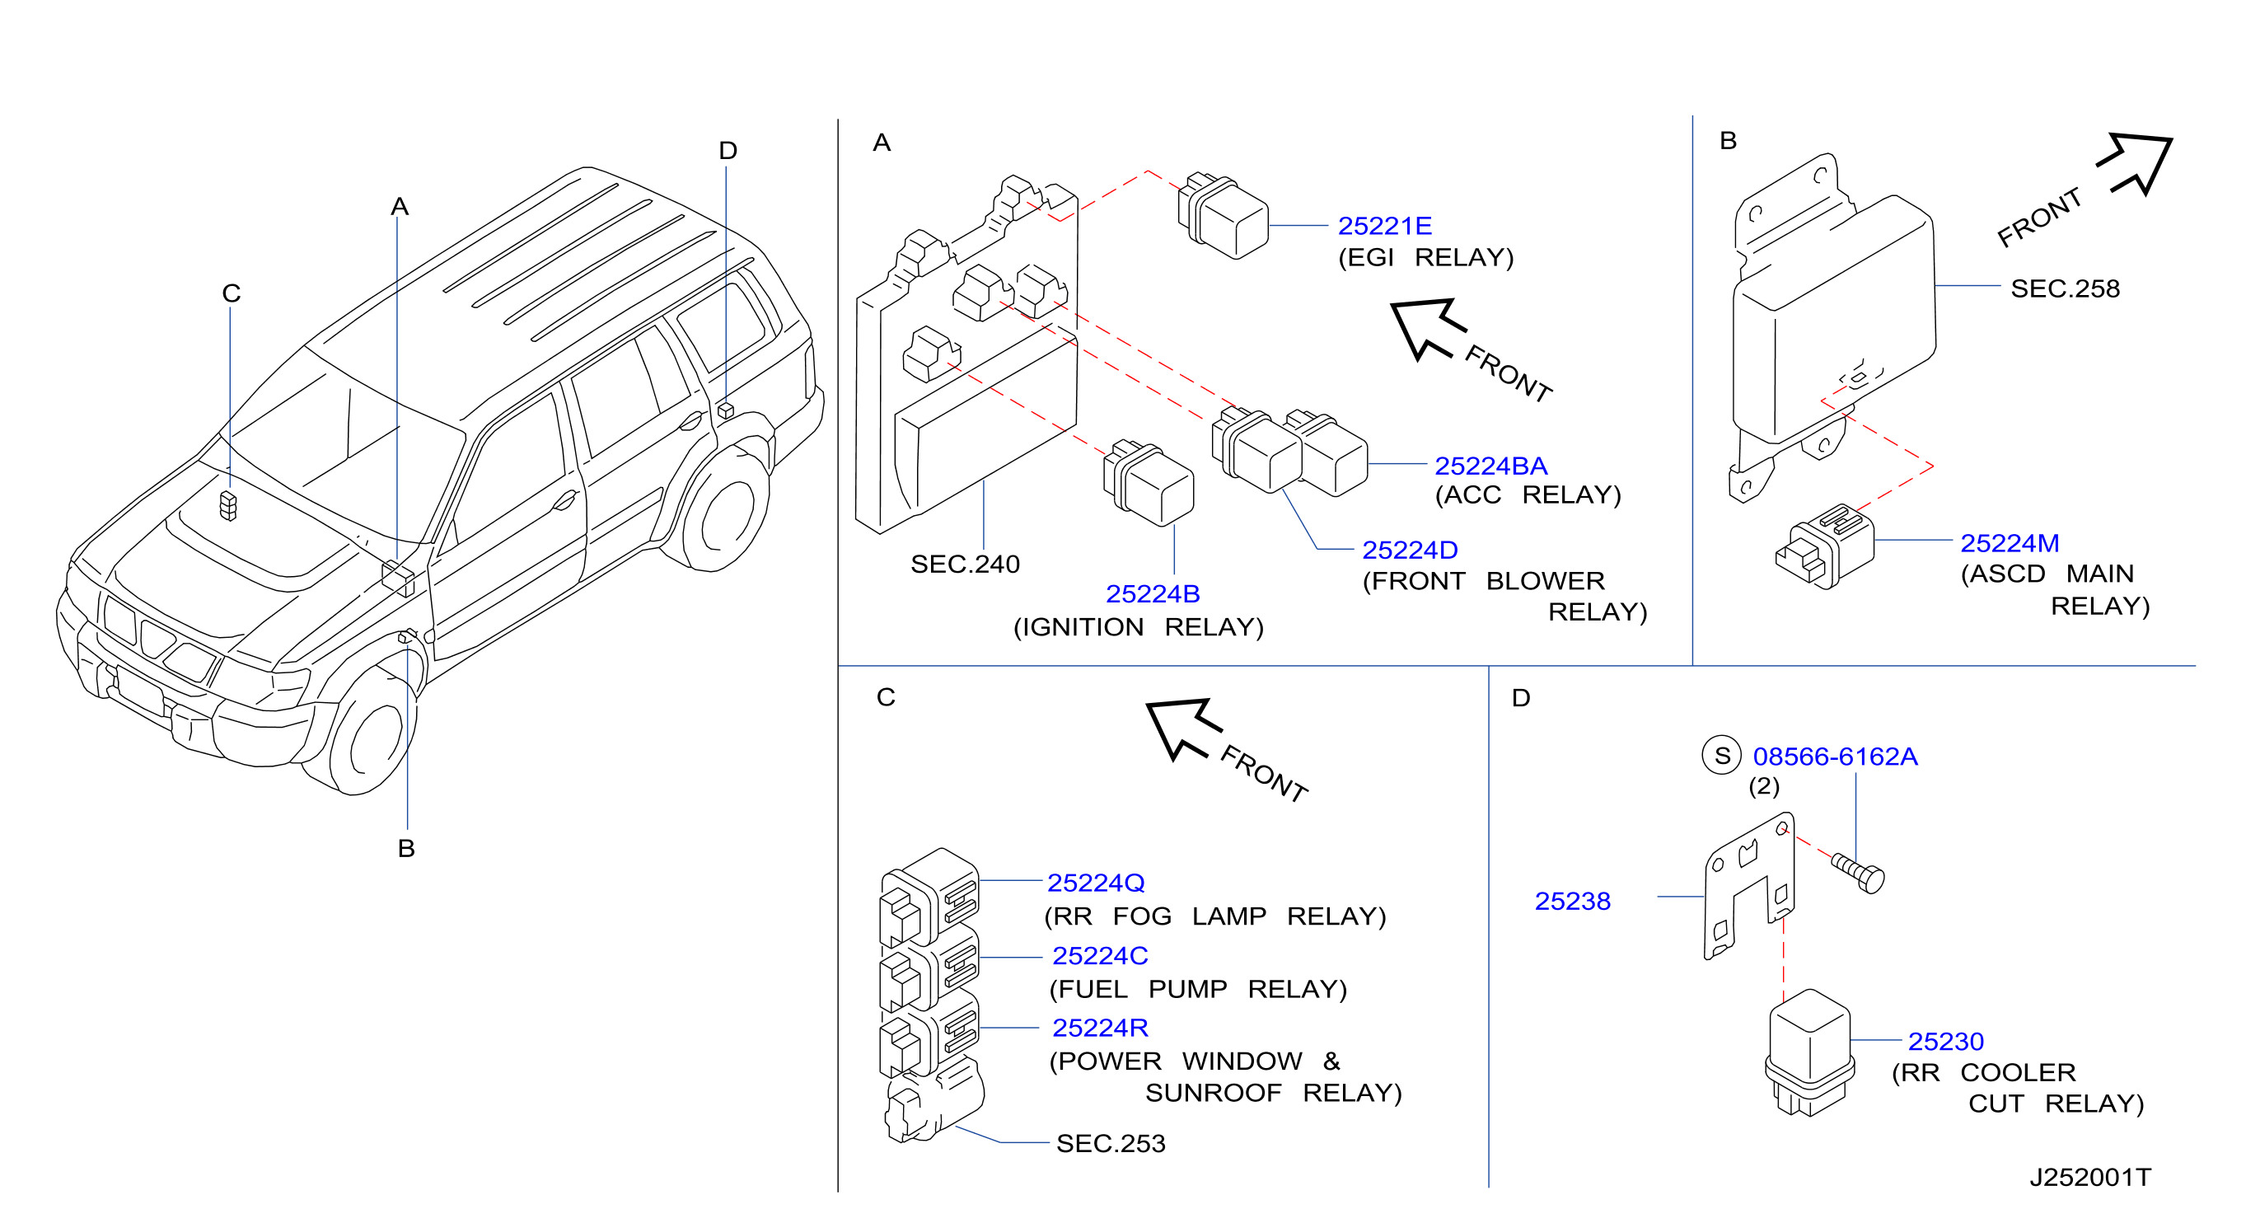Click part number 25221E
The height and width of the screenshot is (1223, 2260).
coord(1384,227)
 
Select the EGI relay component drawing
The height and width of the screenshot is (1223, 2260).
coord(1223,216)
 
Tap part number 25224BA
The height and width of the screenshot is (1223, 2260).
coord(1490,466)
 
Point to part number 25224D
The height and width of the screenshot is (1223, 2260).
coord(1410,550)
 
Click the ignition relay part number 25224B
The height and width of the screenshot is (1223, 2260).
coord(1153,594)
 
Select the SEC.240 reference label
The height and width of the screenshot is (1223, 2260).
coord(965,565)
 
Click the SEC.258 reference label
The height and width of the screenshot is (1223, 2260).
coord(2066,288)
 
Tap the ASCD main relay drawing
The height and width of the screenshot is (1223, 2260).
coord(1825,546)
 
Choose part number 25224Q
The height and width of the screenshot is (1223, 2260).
coord(1096,883)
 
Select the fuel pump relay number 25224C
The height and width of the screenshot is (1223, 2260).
coord(1100,955)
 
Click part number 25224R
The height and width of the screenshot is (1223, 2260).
coord(1100,1028)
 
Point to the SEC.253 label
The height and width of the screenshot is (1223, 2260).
coord(1111,1143)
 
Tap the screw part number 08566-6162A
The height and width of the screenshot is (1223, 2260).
coord(1836,757)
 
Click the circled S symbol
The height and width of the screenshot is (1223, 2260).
coord(1721,756)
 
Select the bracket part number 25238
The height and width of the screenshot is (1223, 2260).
coord(1572,901)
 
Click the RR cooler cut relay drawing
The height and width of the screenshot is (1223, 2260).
coord(1809,1052)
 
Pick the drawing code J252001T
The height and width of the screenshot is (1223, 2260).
coord(2090,1178)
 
